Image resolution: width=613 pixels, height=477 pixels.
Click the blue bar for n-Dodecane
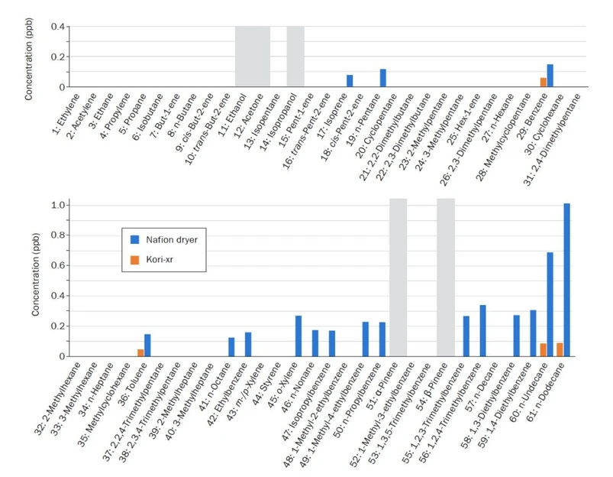point(566,280)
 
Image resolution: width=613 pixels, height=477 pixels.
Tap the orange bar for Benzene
point(543,82)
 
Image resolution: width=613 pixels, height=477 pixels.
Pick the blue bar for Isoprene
point(350,81)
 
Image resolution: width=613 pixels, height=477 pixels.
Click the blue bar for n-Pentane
point(383,78)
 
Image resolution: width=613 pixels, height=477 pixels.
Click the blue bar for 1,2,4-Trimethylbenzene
point(482,330)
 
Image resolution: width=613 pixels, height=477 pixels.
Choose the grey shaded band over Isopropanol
point(295,57)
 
